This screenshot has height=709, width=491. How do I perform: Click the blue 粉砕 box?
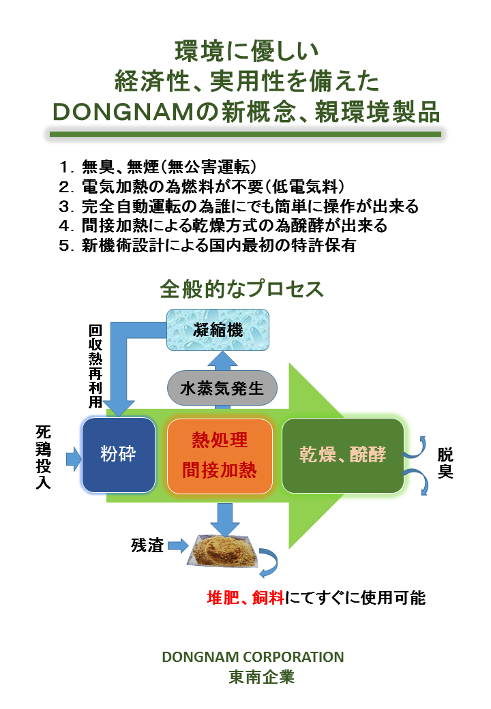[118, 455]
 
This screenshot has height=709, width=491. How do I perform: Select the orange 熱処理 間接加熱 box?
[220, 455]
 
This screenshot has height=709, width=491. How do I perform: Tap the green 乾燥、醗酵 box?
[342, 455]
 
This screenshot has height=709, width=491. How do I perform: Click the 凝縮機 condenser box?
[218, 331]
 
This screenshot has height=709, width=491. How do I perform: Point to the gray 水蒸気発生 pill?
[222, 389]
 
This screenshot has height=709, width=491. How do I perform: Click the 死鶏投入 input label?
[42, 457]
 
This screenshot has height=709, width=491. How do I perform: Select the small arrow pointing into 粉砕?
[73, 458]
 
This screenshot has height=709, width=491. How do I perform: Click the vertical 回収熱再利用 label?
[95, 365]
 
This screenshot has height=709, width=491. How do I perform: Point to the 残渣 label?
[147, 545]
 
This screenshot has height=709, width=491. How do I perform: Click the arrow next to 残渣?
[177, 545]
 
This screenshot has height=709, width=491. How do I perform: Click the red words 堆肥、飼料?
[247, 598]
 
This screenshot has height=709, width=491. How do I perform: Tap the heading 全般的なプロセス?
[241, 289]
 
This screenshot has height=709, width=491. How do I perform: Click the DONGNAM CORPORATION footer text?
[252, 657]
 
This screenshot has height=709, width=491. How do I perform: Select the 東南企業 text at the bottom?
[252, 678]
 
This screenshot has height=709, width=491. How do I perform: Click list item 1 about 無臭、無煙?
[157, 166]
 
